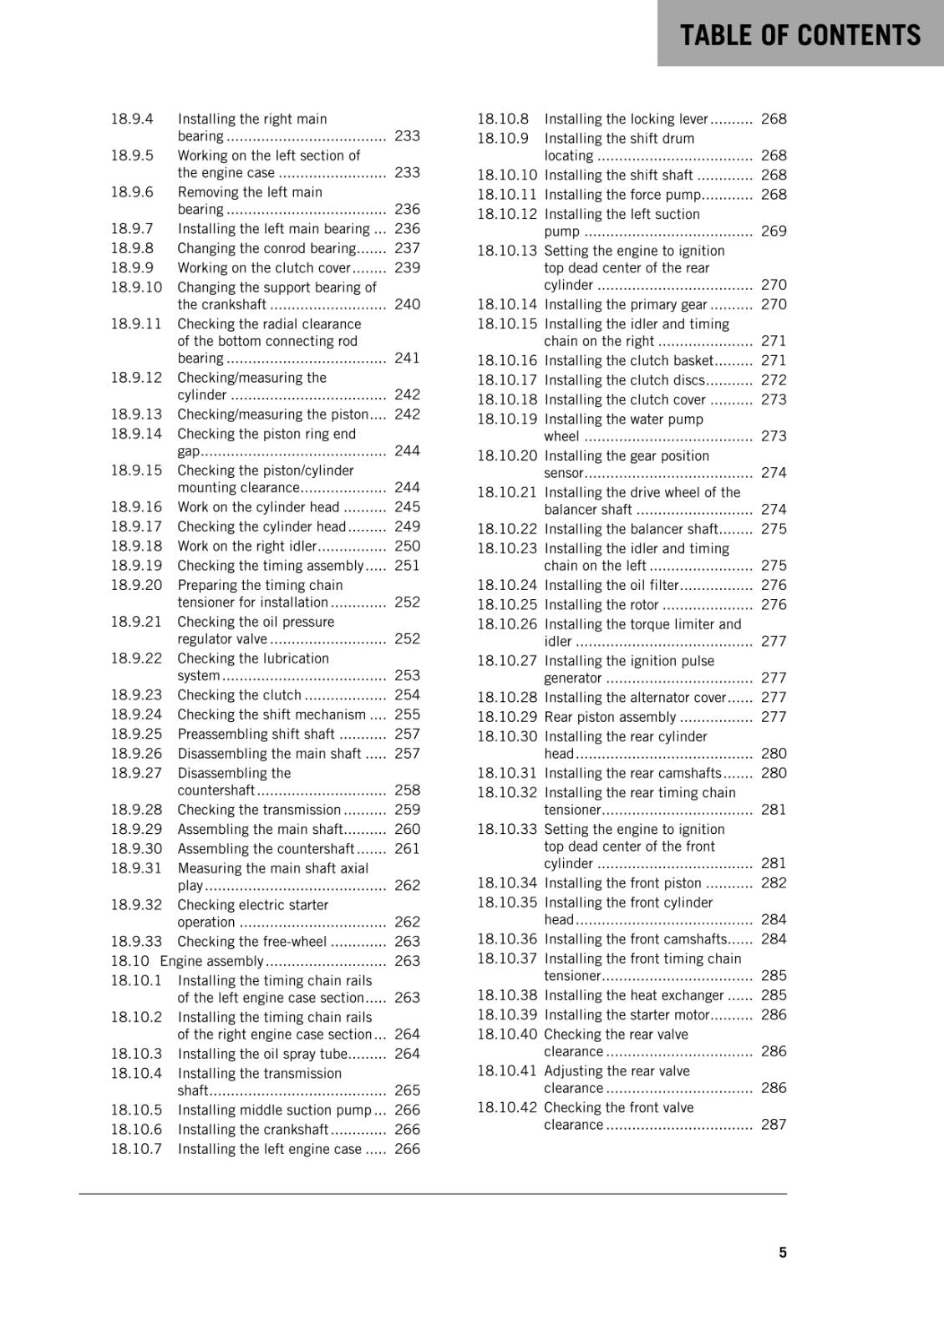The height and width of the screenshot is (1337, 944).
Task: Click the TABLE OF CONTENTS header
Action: pos(799,35)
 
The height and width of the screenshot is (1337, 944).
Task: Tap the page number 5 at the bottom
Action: pos(783,1253)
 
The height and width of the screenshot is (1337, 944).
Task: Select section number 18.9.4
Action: pos(132,119)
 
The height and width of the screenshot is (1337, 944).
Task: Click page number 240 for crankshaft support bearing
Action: pos(407,304)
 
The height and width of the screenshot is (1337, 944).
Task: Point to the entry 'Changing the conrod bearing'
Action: pos(266,248)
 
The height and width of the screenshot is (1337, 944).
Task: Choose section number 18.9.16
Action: pos(136,506)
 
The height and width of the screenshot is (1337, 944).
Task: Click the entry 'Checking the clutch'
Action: pos(239,694)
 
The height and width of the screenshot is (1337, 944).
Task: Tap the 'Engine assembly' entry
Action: pos(211,961)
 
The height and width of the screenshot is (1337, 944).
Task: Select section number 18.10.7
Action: pos(136,1149)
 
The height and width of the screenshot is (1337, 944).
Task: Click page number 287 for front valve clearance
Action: pos(774,1125)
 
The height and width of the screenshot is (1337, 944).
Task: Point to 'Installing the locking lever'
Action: pos(626,119)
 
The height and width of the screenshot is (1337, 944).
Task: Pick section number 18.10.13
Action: pos(507,251)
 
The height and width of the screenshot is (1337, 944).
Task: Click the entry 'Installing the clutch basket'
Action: pos(628,360)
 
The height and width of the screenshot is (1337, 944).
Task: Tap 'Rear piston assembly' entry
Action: pos(610,717)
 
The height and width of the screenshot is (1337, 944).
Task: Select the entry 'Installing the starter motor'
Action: pos(627,1014)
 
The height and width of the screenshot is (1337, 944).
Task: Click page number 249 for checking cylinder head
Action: pos(407,526)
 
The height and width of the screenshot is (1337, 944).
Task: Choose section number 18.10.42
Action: pos(507,1107)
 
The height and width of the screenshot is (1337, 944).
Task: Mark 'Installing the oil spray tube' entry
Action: pos(262,1054)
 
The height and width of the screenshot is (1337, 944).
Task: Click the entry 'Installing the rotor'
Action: pos(601,604)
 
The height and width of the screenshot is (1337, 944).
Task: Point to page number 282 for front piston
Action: pos(774,882)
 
